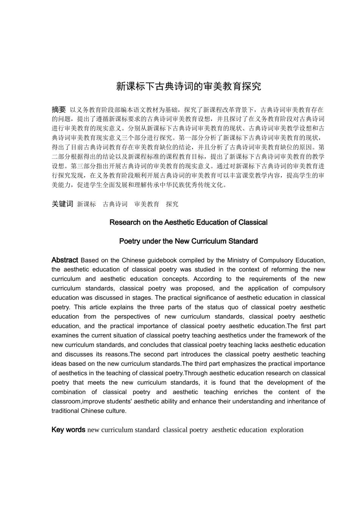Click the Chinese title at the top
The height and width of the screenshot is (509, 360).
[188, 86]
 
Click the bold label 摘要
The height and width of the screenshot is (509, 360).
[59, 109]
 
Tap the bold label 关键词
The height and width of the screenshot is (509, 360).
[62, 204]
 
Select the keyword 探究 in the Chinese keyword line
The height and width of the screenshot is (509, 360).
[172, 204]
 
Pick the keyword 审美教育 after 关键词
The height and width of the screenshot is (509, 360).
[147, 204]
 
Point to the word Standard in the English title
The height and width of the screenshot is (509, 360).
[243, 241]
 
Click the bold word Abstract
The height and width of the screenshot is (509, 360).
[64, 260]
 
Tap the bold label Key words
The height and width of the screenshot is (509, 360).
[68, 430]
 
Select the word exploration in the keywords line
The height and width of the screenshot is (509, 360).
[287, 430]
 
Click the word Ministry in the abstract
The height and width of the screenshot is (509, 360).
[239, 260]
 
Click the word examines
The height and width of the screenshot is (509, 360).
[65, 336]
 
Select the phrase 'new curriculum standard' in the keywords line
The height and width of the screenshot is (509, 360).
[123, 430]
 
